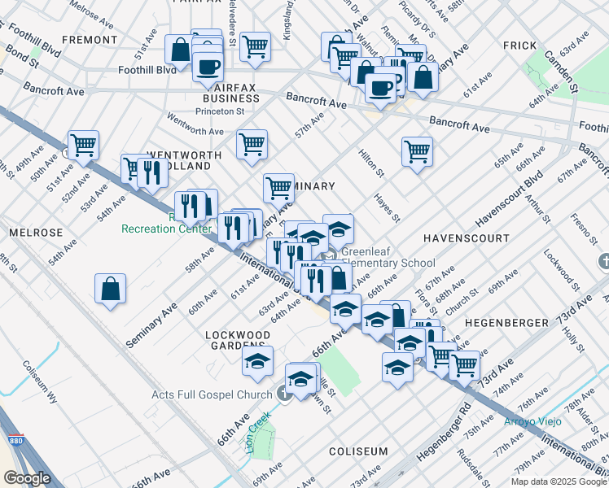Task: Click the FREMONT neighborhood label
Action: click(x=89, y=39)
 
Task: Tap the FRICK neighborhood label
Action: click(x=518, y=46)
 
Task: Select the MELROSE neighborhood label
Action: click(x=36, y=233)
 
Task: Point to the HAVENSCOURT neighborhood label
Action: click(x=467, y=238)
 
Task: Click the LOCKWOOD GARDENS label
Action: click(x=238, y=342)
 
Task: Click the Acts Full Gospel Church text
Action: click(x=212, y=395)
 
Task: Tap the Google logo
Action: click(x=27, y=477)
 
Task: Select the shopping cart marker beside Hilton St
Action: click(x=417, y=150)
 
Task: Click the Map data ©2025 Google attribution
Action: click(x=558, y=481)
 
